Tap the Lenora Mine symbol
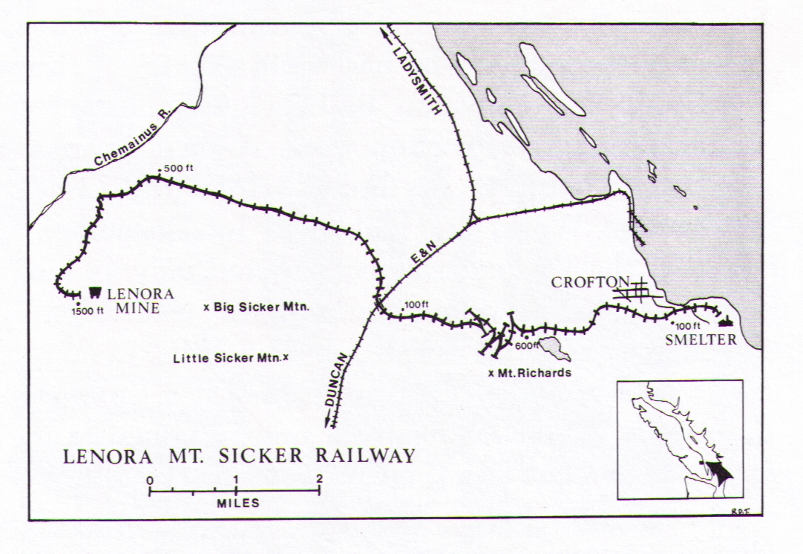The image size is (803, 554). click(96, 291)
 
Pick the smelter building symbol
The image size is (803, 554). click(726, 322)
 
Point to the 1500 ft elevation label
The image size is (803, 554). click(88, 311)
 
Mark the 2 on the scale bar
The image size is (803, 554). click(319, 479)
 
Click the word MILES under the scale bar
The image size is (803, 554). click(238, 503)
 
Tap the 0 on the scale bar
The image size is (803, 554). click(150, 479)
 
